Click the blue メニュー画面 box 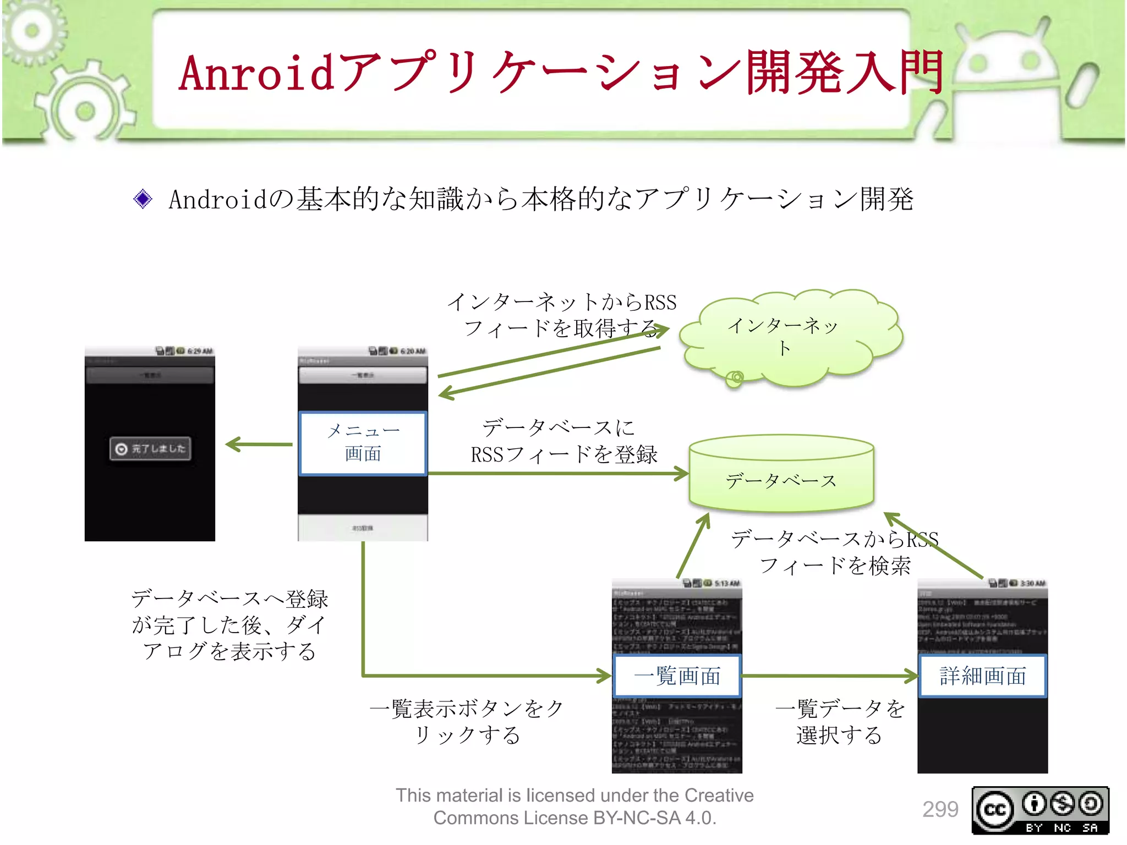pos(363,443)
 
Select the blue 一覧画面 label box pos(677,676)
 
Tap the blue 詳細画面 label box pos(983,676)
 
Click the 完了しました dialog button pos(150,448)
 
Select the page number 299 pos(940,809)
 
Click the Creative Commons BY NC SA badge pos(1040,810)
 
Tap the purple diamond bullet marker pos(143,199)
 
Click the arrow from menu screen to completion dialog pos(259,444)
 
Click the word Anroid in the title pos(256,73)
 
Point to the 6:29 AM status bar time pos(200,351)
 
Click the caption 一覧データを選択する pos(840,721)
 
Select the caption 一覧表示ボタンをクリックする pos(467,721)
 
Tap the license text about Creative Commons pos(575,806)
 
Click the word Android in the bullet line pos(217,199)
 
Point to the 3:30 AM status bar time pos(1032,583)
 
